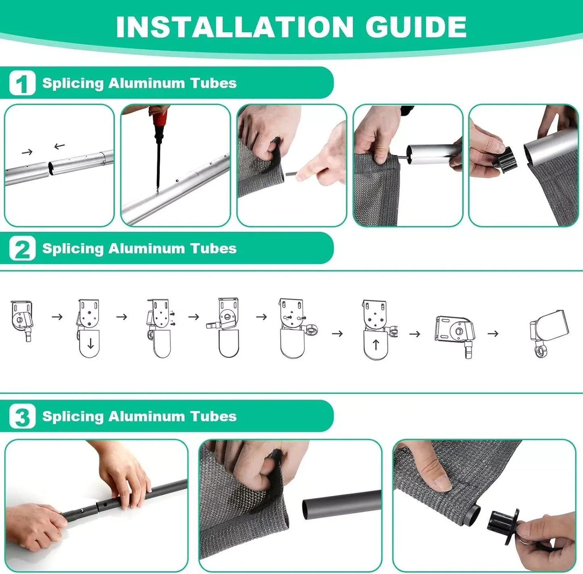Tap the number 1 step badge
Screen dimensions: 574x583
coord(22,83)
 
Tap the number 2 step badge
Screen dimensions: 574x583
coord(22,249)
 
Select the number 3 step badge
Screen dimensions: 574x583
coord(22,416)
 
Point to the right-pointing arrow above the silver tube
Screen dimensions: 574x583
coord(27,152)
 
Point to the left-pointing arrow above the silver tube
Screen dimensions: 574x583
coord(59,146)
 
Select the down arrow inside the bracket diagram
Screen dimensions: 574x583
coord(90,343)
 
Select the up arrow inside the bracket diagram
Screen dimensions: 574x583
coord(376,345)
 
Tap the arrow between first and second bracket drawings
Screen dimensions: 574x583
coord(57,317)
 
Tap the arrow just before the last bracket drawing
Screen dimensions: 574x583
coord(493,334)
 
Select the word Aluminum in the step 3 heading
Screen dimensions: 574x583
coord(146,416)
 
